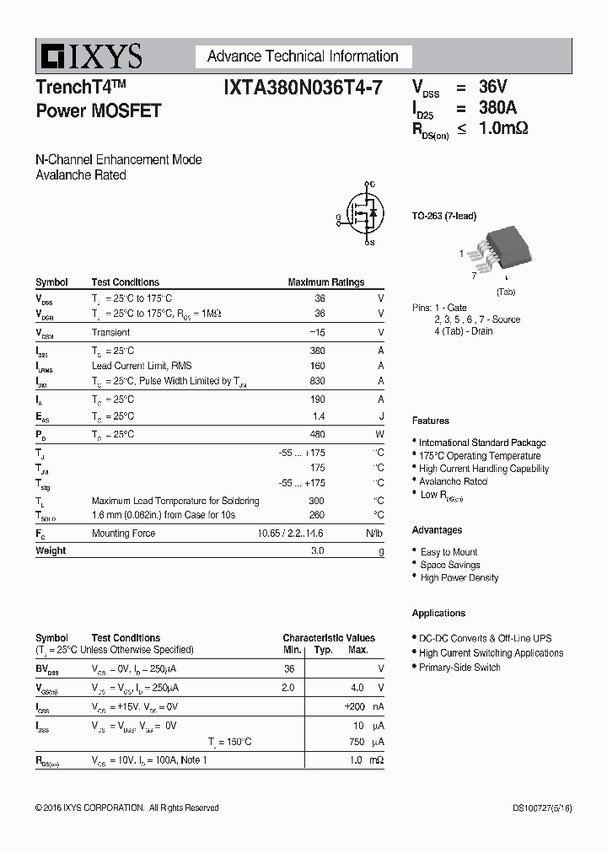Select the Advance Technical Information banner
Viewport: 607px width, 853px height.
[303, 56]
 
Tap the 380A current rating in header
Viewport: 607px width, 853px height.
[497, 107]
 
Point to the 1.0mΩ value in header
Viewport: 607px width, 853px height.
[503, 128]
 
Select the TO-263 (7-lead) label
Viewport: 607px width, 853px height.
[443, 217]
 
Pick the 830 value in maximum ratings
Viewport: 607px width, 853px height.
[317, 381]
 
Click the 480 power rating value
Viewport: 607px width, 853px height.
[317, 434]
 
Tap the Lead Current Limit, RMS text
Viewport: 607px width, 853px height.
[142, 366]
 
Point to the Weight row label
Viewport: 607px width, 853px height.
[51, 550]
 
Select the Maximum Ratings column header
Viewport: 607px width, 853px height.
[325, 282]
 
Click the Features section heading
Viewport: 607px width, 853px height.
[430, 421]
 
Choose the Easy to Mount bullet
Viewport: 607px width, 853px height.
[449, 552]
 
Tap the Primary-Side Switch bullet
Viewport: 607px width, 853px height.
[459, 667]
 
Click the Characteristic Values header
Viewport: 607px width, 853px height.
[329, 638]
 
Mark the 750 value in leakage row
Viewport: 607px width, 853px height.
[356, 742]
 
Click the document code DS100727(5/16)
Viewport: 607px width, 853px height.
[541, 807]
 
